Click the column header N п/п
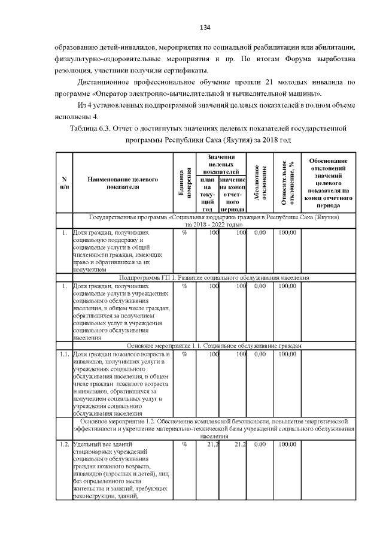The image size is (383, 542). [64, 183]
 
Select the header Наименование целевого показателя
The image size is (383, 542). [122, 183]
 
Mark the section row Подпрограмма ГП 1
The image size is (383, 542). [214, 278]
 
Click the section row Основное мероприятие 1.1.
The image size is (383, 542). [214, 346]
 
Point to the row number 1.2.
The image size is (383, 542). [64, 444]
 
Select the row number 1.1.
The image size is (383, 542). [64, 354]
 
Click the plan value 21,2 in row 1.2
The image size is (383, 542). [209, 444]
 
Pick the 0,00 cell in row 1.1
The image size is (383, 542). [260, 354]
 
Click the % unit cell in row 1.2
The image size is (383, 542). [184, 444]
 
